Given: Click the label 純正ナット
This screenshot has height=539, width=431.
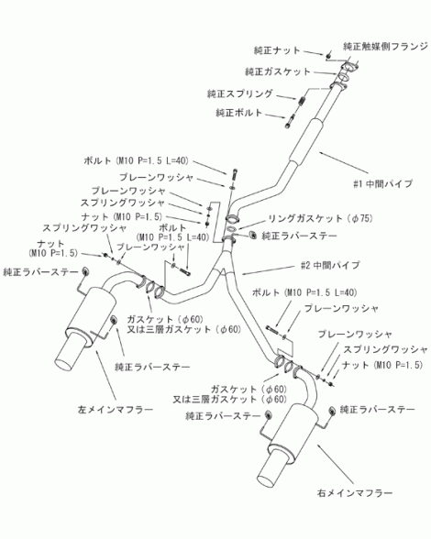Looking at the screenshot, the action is (277, 50).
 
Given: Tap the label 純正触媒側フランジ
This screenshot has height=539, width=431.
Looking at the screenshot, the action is (385, 47).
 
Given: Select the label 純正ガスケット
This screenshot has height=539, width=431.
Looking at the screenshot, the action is (278, 71).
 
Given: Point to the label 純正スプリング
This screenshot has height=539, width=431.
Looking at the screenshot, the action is (239, 93).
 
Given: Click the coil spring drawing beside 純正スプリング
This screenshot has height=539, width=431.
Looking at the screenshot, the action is (302, 100).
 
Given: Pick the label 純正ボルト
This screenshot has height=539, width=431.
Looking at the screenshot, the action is (238, 113).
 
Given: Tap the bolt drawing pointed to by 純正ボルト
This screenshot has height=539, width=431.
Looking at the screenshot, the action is (289, 121).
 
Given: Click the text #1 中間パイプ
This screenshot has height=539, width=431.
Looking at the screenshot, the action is (382, 184).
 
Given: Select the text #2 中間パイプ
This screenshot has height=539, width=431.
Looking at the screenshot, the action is (330, 266).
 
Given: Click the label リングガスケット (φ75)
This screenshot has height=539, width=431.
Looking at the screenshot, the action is (320, 218).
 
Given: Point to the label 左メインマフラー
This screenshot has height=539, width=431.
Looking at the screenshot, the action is (116, 410).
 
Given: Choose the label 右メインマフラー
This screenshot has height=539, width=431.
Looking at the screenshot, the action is (355, 493).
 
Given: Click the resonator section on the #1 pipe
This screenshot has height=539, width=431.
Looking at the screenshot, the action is (305, 141).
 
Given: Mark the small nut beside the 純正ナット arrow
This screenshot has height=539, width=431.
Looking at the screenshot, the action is (328, 55).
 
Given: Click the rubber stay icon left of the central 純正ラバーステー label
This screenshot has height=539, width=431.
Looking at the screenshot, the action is (253, 235).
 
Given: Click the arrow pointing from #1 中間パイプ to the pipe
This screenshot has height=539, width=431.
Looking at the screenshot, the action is (344, 162).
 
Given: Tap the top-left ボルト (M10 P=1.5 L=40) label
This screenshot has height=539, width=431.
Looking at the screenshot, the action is (136, 160).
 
